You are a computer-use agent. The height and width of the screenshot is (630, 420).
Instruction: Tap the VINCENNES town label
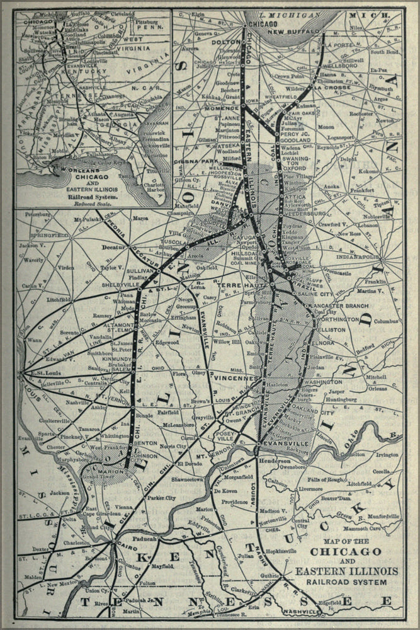coord(234,379)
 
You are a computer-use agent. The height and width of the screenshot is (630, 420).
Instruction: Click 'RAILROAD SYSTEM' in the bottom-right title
coord(346,582)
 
